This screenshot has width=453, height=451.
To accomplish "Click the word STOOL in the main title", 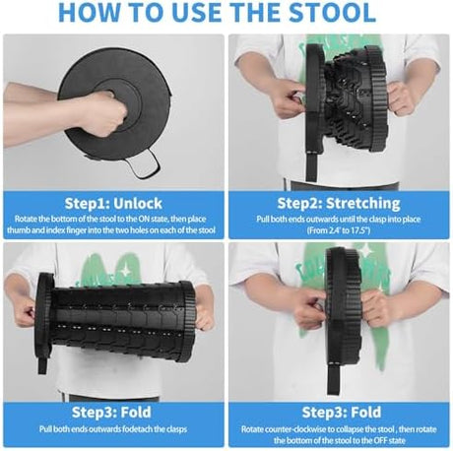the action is coord(333,13).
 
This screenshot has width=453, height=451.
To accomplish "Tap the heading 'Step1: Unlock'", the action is coord(113,204).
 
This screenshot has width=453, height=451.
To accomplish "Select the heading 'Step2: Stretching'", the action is coord(339,204).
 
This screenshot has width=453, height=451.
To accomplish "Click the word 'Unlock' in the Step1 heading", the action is coord(137,204).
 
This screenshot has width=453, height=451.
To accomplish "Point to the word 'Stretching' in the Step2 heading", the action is coord(363,204).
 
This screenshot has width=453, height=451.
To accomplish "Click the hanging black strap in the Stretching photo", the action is coord(311,166).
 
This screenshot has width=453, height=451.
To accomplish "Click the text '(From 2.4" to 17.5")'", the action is coord(339,230).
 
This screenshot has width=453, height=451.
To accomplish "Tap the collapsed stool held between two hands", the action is coord(346,304).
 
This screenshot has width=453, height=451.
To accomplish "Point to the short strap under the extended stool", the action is coord(43,363).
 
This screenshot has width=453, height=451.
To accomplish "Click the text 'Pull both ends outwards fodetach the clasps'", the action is coord(113,429).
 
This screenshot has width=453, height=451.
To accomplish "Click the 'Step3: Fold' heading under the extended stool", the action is coord(111,413).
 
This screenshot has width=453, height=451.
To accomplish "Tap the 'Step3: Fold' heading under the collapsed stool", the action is coord(342,413).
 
